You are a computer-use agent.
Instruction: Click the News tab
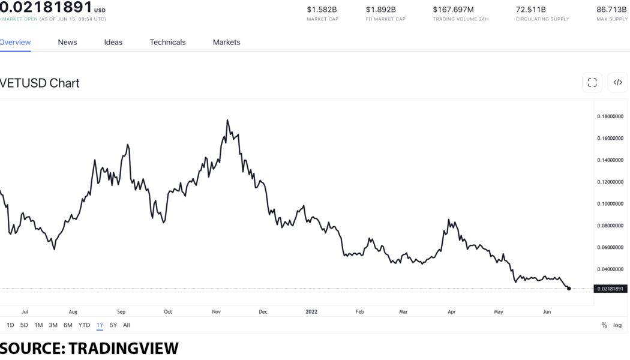[67, 42]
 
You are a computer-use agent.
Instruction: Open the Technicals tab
[167, 42]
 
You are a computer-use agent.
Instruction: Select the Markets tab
[226, 42]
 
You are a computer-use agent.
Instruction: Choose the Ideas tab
[113, 42]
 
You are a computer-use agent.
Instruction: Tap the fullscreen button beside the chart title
[592, 83]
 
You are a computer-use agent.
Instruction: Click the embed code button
[617, 83]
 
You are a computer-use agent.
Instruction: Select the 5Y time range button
[113, 325]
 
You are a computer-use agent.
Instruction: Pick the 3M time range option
[53, 325]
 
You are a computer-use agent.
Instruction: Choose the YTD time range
[84, 325]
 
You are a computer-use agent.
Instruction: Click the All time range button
[126, 325]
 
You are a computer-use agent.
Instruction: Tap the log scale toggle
[617, 325]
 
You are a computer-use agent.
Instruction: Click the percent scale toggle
[604, 325]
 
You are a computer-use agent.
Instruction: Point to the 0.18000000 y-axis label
[610, 116]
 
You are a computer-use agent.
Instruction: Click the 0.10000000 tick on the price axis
[610, 204]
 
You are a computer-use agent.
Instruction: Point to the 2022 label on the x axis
[311, 312]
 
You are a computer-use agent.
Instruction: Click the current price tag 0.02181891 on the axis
[610, 289]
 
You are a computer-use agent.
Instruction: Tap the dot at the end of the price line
[569, 289]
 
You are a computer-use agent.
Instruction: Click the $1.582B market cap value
[322, 10]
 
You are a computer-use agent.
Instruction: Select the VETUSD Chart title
[40, 83]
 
